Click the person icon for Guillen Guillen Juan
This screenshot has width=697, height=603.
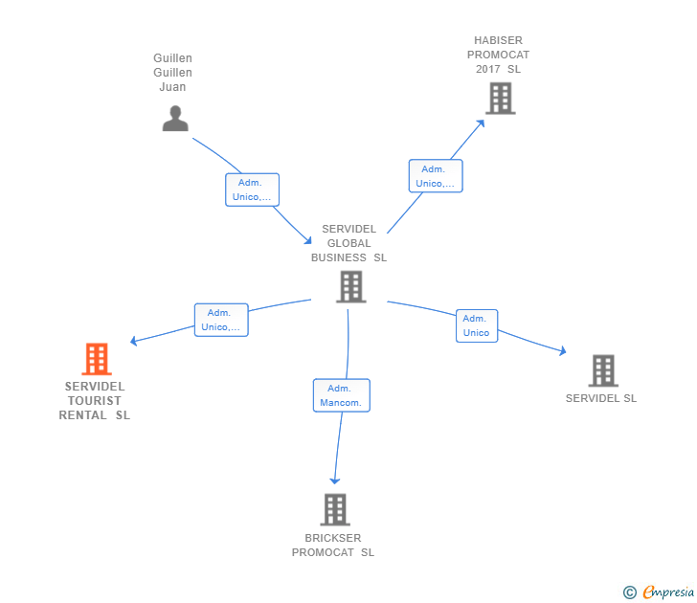[175, 119]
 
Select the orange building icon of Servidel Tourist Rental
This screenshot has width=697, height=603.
[96, 359]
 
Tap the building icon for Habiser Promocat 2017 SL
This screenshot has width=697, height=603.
[500, 98]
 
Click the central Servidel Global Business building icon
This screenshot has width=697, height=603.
[350, 286]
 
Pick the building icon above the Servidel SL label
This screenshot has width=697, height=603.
[602, 370]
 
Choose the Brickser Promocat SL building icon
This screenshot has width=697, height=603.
[334, 509]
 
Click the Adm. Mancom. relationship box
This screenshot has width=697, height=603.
[341, 395]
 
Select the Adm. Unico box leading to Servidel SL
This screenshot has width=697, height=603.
[476, 325]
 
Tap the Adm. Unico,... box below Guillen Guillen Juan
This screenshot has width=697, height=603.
[253, 190]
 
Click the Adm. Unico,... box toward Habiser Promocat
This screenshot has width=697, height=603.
[436, 176]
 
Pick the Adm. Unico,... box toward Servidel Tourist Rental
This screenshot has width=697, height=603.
[221, 320]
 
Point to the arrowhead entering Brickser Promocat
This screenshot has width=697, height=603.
[335, 480]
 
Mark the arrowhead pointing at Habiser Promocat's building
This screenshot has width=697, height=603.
[482, 122]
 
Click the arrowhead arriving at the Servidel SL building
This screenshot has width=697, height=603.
[563, 352]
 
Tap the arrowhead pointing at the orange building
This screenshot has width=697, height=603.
[134, 341]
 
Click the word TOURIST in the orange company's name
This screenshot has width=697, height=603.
[95, 401]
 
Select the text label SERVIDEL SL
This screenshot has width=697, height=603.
[600, 398]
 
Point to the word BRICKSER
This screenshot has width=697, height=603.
[333, 538]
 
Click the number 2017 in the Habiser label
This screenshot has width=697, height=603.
[487, 69]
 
